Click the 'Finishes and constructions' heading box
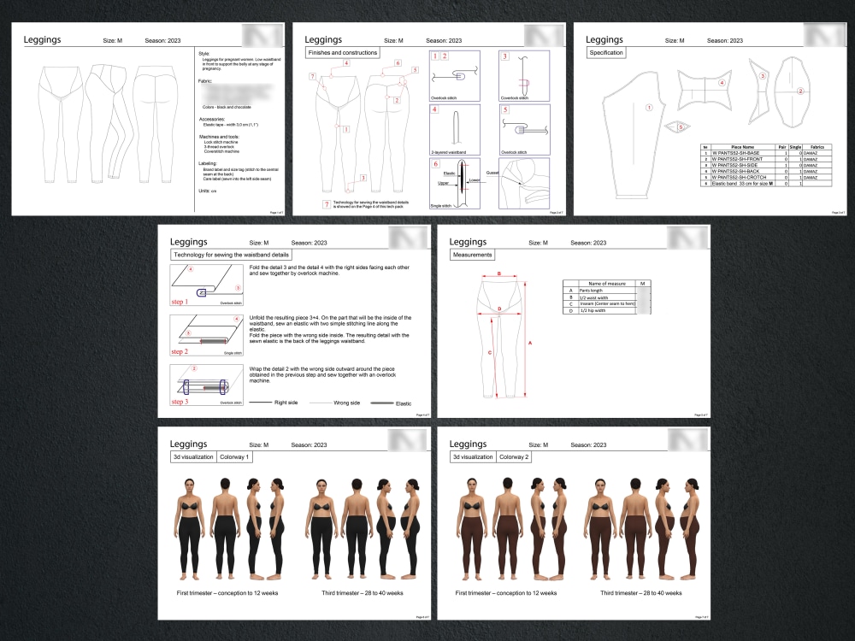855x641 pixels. (x=340, y=53)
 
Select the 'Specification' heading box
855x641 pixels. (x=605, y=53)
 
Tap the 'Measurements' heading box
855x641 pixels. (x=471, y=255)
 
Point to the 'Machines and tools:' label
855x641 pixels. (x=218, y=137)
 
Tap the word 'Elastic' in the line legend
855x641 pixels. (x=404, y=403)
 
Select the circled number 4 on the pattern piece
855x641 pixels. (x=722, y=83)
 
